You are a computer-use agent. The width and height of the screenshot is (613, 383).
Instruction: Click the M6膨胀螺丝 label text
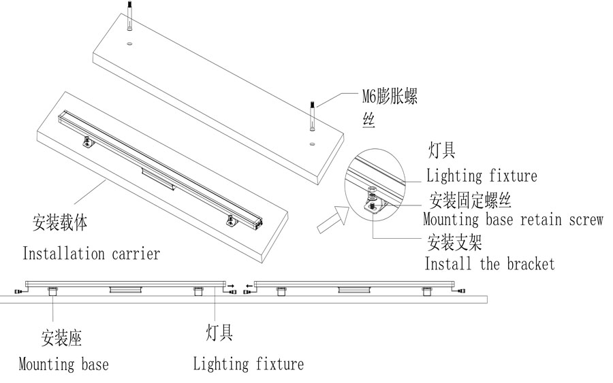click(x=389, y=97)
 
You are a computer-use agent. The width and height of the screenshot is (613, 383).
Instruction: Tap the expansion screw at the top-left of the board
click(x=129, y=17)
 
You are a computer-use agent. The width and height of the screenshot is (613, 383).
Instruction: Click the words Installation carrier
click(x=91, y=254)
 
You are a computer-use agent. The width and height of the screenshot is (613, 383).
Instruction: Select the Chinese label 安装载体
click(x=60, y=222)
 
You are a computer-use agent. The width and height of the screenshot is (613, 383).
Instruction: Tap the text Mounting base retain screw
click(x=512, y=220)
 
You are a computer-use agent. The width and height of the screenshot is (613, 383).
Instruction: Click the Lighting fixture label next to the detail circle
click(x=482, y=176)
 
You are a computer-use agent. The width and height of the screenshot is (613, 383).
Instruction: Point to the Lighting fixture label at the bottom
click(x=248, y=364)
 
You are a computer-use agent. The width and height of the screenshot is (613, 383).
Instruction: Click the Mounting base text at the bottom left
click(x=63, y=365)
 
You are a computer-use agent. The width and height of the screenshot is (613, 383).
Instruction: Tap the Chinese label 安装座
click(x=61, y=338)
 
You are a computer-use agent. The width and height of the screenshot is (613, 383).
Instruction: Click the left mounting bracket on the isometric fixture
click(x=89, y=141)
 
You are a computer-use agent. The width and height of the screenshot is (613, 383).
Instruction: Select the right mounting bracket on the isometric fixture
click(x=231, y=219)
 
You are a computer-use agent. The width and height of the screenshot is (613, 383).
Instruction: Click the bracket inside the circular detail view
click(x=375, y=205)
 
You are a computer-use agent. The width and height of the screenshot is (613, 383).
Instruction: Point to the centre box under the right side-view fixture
click(x=354, y=290)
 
